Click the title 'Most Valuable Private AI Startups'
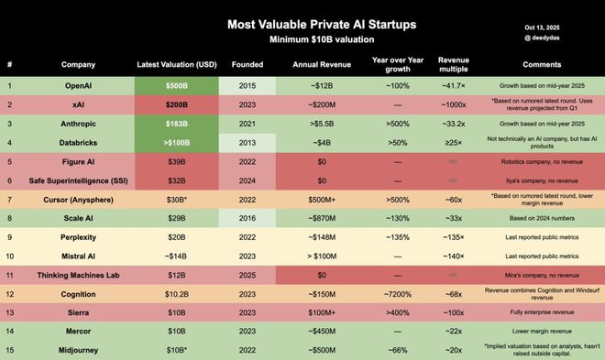coord(302,24)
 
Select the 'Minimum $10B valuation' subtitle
coord(302,40)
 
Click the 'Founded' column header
coord(247,65)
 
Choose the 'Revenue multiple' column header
coord(454,64)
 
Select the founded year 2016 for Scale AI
coord(247,218)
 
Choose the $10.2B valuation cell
coord(175,294)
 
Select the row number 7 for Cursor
coord(10,199)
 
